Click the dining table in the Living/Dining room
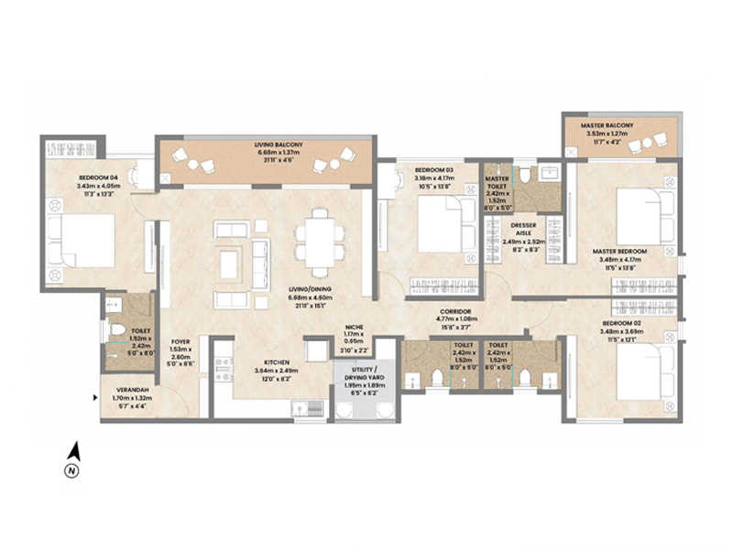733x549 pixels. point(320,240)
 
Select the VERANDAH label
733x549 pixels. point(125,387)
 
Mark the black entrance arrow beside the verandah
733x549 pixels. point(96,397)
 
